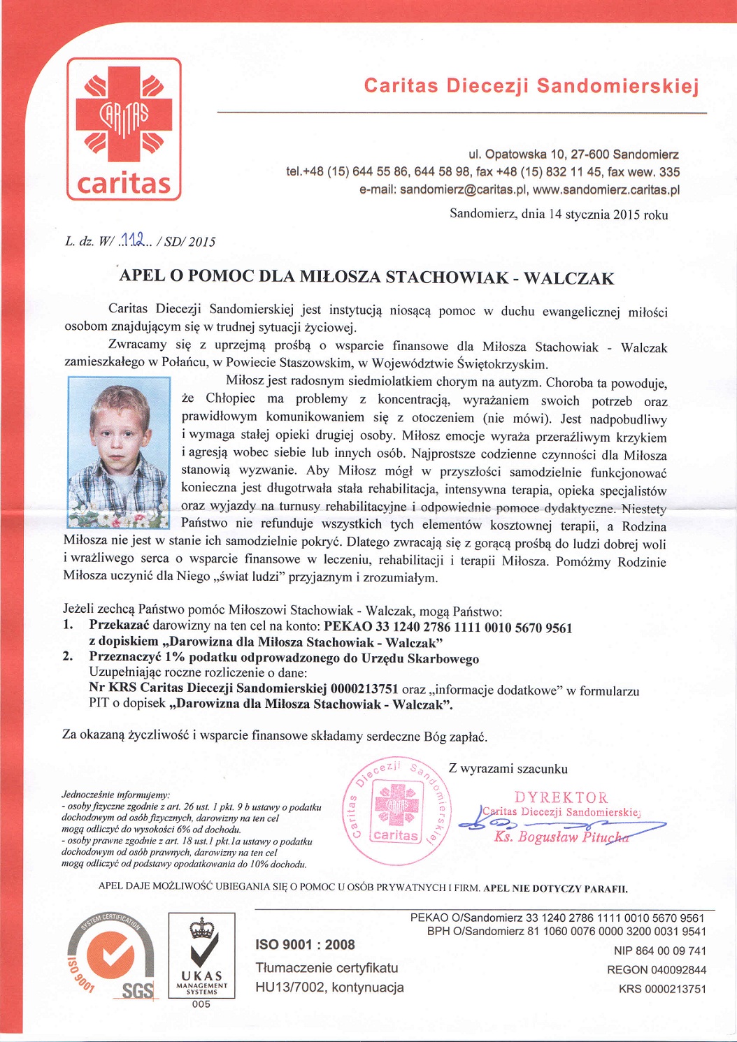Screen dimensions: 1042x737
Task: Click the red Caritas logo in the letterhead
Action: [x=124, y=129]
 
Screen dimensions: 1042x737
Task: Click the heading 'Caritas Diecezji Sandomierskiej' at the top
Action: [x=531, y=86]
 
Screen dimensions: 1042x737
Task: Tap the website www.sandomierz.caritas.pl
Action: [x=606, y=190]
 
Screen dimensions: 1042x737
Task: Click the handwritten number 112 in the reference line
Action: [x=132, y=240]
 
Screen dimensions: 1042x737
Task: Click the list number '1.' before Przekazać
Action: [x=69, y=625]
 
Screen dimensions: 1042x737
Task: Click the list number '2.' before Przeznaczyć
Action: [x=69, y=656]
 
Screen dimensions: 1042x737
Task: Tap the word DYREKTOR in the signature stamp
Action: [x=561, y=797]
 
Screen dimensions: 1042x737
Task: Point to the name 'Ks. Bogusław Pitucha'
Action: [x=561, y=837]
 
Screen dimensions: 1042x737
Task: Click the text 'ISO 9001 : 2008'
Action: [x=306, y=945]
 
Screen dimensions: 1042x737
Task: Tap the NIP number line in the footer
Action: [x=659, y=951]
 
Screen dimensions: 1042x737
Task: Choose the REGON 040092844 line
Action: [x=657, y=970]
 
